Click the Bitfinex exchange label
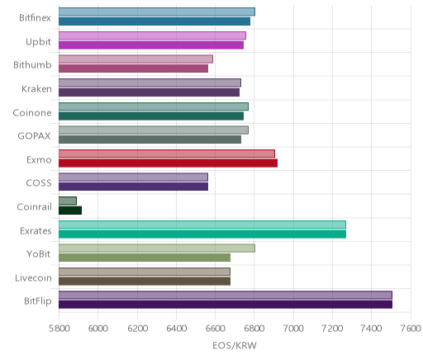point(35,18)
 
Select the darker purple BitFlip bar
point(226,305)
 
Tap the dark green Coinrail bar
point(70,211)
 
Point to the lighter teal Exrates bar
point(202,225)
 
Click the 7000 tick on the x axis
point(293,329)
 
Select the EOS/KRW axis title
point(235,345)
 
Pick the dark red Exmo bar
point(168,163)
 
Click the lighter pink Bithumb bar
point(135,59)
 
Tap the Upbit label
point(38,41)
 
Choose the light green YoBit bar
point(157,248)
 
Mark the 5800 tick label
point(59,329)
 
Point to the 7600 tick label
point(411,329)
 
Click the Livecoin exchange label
point(33,277)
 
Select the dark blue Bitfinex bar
point(154,21)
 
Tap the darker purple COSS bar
point(133,187)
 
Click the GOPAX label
point(34,136)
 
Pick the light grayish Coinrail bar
point(68,201)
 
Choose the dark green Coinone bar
point(151,116)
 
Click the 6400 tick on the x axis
point(176,329)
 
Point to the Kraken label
point(36,89)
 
